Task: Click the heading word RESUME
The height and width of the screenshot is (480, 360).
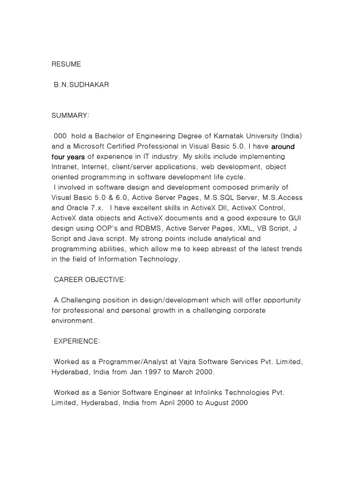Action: (66, 64)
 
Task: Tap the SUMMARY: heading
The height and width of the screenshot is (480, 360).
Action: (70, 115)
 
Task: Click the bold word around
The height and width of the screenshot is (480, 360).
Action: (283, 146)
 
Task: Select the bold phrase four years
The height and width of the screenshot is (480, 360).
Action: (68, 157)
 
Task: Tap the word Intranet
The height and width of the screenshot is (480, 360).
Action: (65, 167)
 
